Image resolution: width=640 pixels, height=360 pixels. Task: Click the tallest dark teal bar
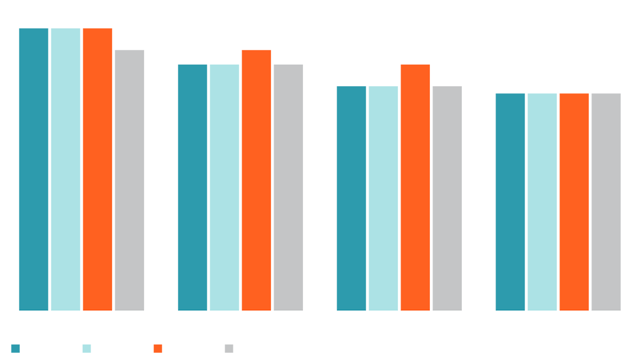pos(30,166)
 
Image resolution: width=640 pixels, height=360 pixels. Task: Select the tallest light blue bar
pos(66,166)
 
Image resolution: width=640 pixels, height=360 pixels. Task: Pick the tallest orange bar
pos(98,166)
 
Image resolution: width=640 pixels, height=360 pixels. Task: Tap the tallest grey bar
pos(134,177)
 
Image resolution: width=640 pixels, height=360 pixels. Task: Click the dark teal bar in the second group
pos(187,182)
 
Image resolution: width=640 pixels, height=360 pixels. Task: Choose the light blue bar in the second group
pos(225,182)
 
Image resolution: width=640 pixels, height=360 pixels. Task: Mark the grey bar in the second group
pos(293,182)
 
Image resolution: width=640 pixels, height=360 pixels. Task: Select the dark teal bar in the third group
pos(346,193)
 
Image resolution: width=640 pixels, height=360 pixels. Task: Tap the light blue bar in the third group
pos(383,193)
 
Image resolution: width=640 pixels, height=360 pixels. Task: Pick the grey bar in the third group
pos(452,193)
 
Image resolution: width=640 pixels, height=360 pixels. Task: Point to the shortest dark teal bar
pos(505,199)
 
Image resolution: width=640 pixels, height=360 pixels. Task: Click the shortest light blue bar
pos(542,199)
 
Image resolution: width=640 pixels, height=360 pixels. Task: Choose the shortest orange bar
pos(574,199)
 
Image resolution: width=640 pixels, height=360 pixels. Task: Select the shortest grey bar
pos(607,199)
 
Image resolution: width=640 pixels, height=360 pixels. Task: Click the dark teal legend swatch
pos(17,344)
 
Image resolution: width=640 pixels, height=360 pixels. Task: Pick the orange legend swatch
pos(155,344)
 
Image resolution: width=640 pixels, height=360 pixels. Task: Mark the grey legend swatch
pos(226,346)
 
